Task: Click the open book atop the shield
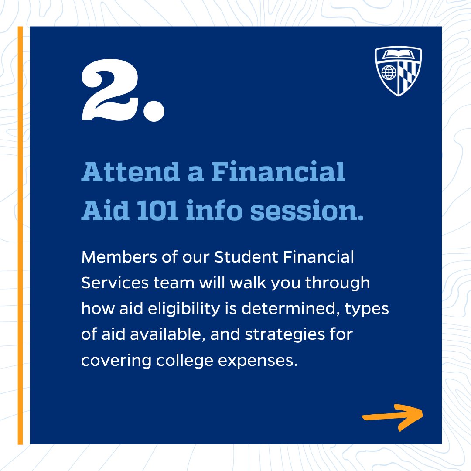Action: (398, 55)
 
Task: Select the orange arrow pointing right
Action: (393, 416)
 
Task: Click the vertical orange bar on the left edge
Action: (20, 235)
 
